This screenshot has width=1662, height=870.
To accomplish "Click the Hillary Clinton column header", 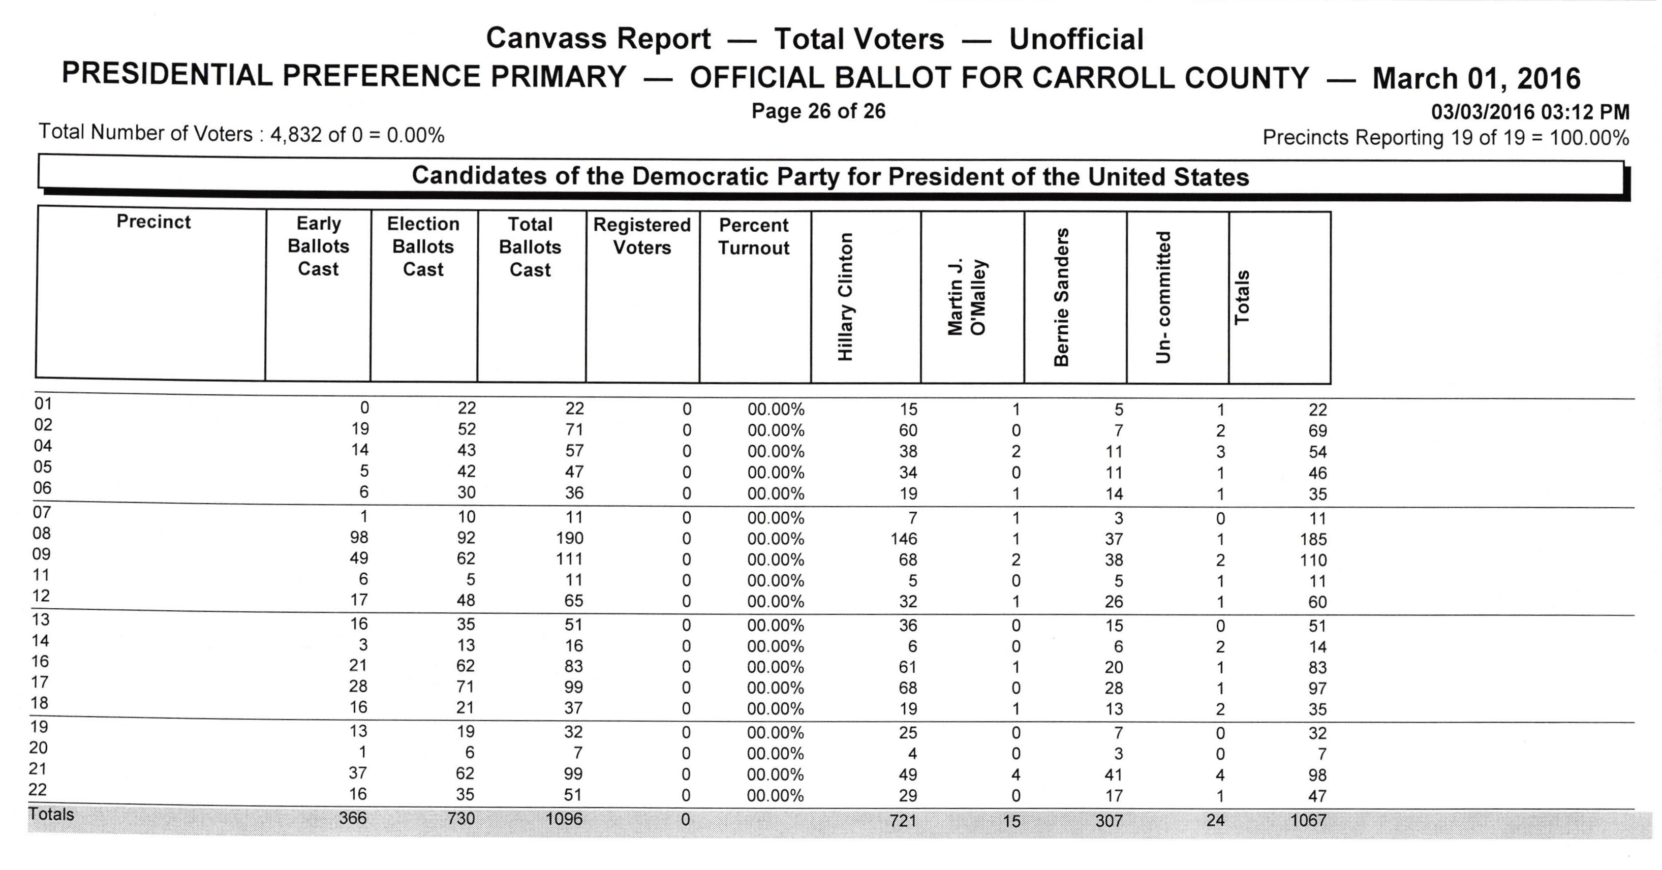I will click(846, 297).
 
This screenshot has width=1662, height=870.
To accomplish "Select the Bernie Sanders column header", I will click(1061, 297).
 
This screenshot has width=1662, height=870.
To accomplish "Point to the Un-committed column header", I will click(1163, 297).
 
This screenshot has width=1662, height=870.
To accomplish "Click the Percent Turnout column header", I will click(754, 237).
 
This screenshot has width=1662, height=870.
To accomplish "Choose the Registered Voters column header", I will click(642, 236).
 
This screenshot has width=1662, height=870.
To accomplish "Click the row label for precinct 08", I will click(42, 534).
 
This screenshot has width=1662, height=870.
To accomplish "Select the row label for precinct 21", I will click(38, 769).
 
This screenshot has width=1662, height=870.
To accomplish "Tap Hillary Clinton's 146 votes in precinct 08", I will click(904, 539).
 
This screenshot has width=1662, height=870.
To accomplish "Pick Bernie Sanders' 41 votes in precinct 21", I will click(1114, 774).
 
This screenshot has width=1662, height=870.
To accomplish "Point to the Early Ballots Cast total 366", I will click(353, 818).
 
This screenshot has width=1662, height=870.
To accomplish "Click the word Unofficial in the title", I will click(1076, 39).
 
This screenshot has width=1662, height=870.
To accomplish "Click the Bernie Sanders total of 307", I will click(1109, 821).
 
